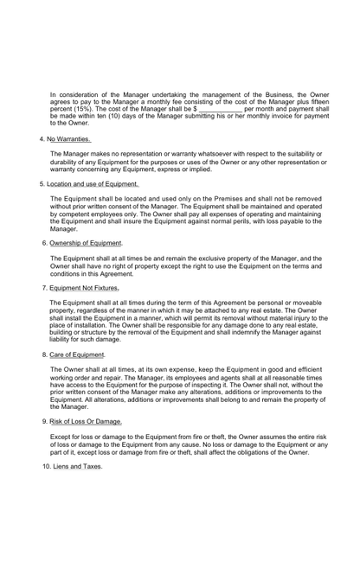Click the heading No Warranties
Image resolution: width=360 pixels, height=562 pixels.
pyautogui.click(x=68, y=137)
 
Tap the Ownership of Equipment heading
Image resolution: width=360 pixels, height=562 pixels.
pyautogui.click(x=86, y=243)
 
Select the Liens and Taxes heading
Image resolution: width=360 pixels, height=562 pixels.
pyautogui.click(x=78, y=466)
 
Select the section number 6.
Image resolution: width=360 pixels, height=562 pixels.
pyautogui.click(x=43, y=243)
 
